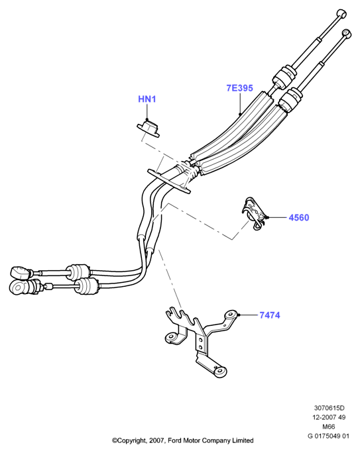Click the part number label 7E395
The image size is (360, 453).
(x=239, y=88)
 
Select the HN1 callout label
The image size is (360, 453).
(x=147, y=99)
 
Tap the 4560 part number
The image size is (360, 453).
(x=299, y=217)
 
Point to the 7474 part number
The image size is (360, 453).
(x=269, y=315)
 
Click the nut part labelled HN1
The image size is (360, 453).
(x=148, y=128)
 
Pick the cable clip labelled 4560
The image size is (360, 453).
(x=254, y=213)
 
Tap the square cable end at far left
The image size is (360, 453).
(x=21, y=272)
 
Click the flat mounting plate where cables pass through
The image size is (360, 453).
(x=169, y=181)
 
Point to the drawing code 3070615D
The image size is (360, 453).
(x=329, y=408)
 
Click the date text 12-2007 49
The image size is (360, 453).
(x=329, y=417)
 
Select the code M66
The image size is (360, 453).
(x=328, y=427)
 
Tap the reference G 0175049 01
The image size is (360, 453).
(x=328, y=436)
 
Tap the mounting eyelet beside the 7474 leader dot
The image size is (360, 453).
(x=231, y=315)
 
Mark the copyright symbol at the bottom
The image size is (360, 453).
(x=114, y=440)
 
